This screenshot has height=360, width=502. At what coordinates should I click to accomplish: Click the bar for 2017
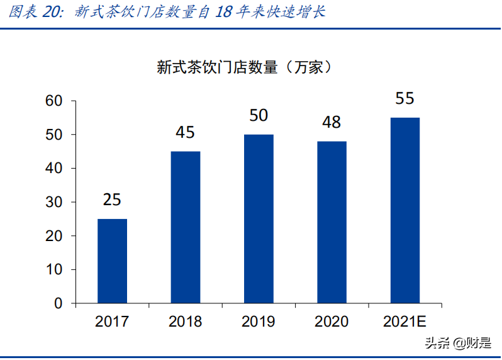[x=112, y=261]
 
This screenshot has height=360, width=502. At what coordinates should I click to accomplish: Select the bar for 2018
[x=186, y=227]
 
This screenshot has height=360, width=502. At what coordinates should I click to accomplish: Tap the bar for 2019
[x=259, y=219]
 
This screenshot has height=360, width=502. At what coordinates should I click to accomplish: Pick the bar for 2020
[x=332, y=222]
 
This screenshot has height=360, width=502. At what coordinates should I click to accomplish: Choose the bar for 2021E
[x=404, y=210]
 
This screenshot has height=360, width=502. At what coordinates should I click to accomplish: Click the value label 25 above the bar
[x=112, y=200]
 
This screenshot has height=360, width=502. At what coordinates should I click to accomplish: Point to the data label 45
[x=186, y=133]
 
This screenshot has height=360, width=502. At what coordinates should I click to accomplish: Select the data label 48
[x=332, y=122]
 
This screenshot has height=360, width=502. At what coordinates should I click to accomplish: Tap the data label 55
[x=404, y=99]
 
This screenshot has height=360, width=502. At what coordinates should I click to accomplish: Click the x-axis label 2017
[x=112, y=322]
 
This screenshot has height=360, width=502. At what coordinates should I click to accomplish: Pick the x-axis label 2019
[x=259, y=322]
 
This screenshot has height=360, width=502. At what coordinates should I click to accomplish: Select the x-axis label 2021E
[x=404, y=322]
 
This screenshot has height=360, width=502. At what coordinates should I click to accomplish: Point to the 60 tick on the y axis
[x=55, y=101]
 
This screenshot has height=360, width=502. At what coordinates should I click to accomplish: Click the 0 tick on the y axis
[x=59, y=304]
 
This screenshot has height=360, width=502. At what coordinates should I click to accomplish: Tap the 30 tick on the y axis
[x=55, y=202]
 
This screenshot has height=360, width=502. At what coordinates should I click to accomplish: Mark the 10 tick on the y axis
[x=55, y=270]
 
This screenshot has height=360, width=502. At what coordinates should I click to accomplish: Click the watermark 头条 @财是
[x=457, y=343]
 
